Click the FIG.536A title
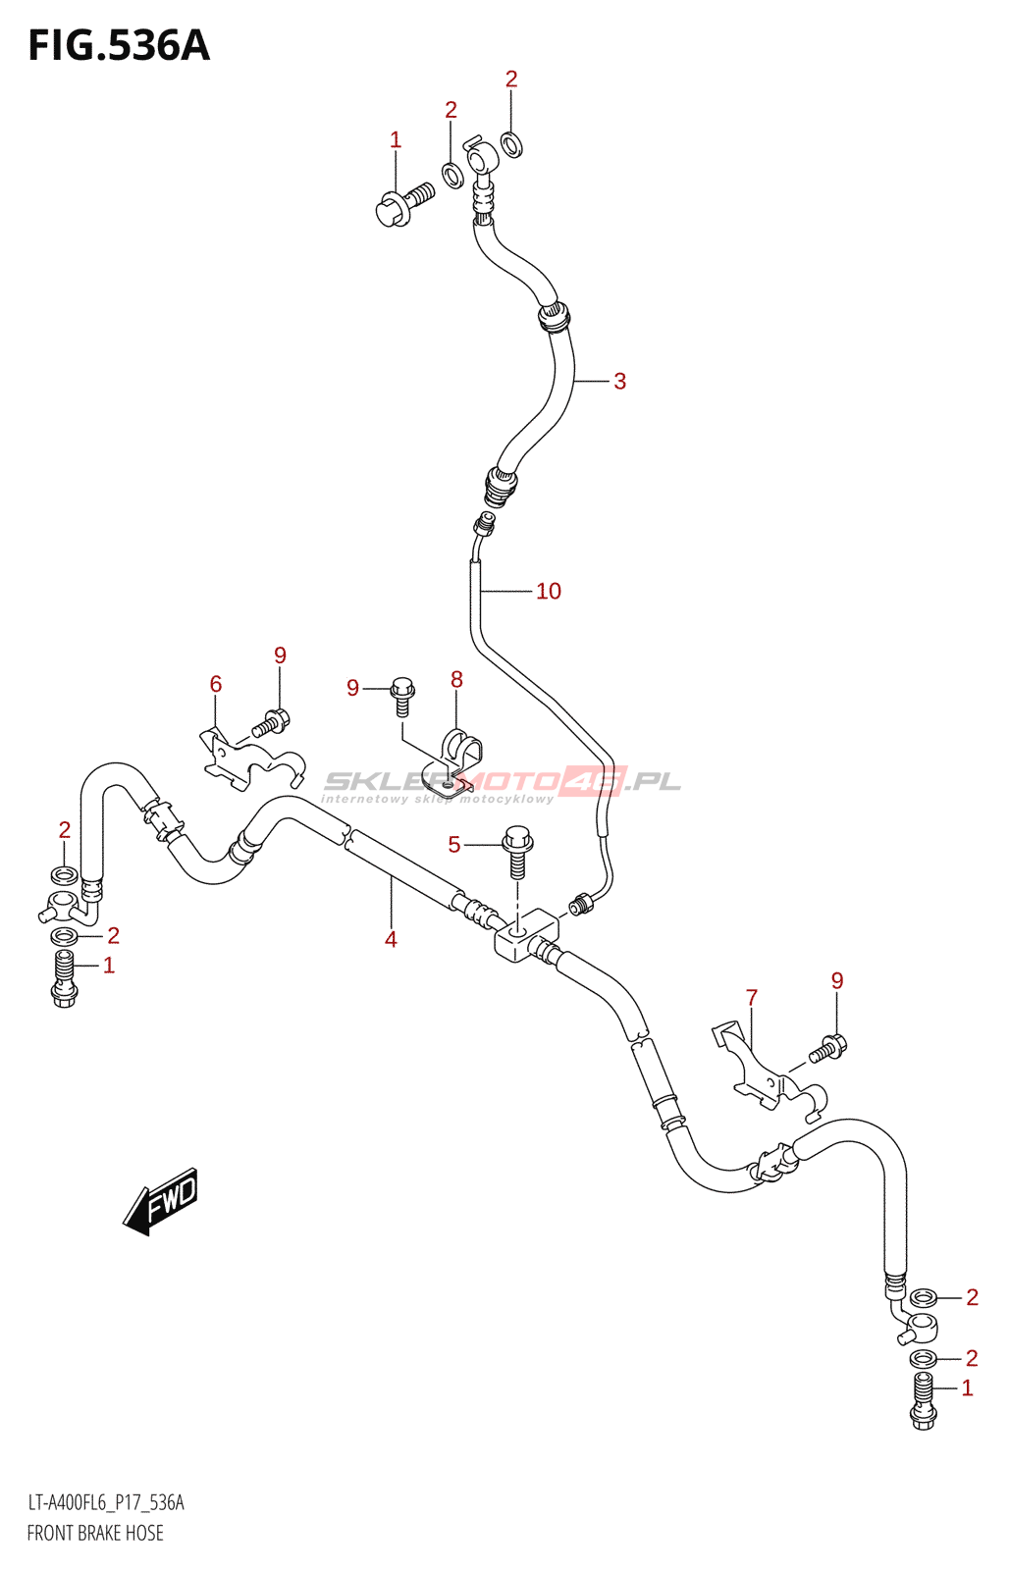[119, 46]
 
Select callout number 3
[619, 382]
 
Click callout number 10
[548, 591]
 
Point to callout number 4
[391, 940]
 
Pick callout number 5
[453, 845]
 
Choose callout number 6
[216, 684]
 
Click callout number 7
[752, 998]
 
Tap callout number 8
[456, 679]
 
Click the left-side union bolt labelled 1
[65, 978]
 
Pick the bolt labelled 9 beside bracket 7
[826, 1051]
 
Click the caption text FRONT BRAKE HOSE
[95, 1533]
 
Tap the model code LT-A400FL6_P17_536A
[106, 1502]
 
